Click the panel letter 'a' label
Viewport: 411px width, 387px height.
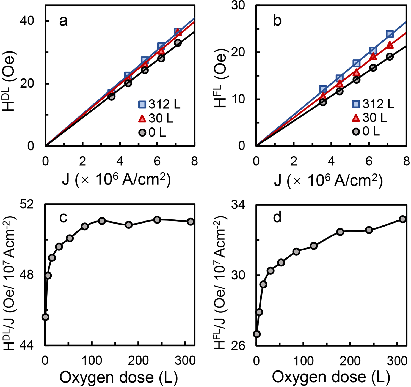63,21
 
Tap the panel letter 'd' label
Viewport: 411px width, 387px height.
277,217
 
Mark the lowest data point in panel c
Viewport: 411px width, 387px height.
45,317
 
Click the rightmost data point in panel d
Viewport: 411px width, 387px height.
402,219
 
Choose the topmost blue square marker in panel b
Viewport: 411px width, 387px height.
390,34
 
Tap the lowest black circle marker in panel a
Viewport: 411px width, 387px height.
111,97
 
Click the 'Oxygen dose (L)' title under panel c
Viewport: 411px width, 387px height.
118,377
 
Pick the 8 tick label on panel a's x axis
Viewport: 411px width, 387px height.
194,161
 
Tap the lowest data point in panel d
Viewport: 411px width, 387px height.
257,334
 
